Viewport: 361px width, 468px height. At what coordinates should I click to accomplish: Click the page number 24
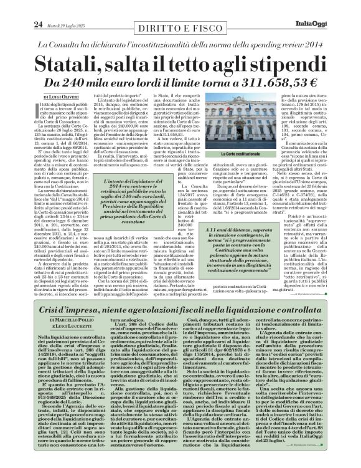tap(20, 7)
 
